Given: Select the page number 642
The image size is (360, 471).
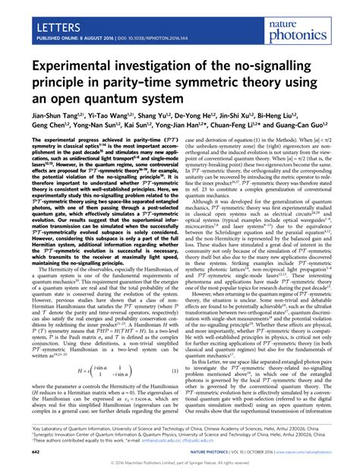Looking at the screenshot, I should [x=17, y=451].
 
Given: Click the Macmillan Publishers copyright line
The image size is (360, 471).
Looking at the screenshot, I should [x=180, y=462].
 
